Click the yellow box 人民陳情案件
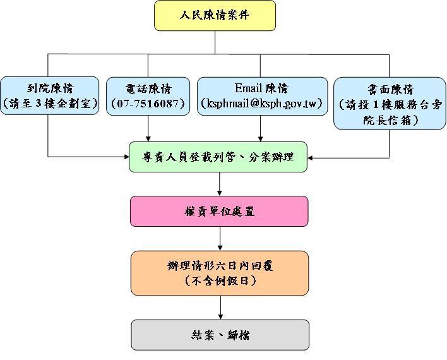pyautogui.click(x=215, y=16)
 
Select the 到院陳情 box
pyautogui.click(x=50, y=96)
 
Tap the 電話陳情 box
pyautogui.click(x=148, y=96)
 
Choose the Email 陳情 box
pyautogui.click(x=261, y=96)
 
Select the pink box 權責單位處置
pyautogui.click(x=219, y=211)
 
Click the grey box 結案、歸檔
pyautogui.click(x=219, y=335)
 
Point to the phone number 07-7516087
pyautogui.click(x=148, y=104)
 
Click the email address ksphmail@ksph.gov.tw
pyautogui.click(x=261, y=104)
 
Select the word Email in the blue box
pyautogui.click(x=248, y=88)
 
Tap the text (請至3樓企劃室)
pyautogui.click(x=50, y=104)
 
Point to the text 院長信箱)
pyautogui.click(x=389, y=119)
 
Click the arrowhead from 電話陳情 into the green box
pyautogui.click(x=148, y=138)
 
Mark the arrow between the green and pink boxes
pyautogui.click(x=219, y=189)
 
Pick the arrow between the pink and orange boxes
pyautogui.click(x=219, y=244)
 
